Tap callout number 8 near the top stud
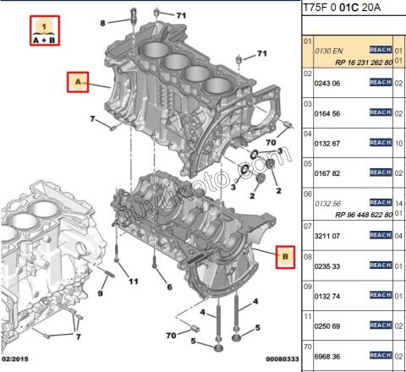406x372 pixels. pyautogui.click(x=102, y=23)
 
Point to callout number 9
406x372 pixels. pyautogui.click(x=99, y=293)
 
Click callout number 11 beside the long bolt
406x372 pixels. pyautogui.click(x=133, y=281)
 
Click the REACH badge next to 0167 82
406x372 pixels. pyautogui.click(x=381, y=173)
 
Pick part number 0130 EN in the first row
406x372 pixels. pyautogui.click(x=328, y=52)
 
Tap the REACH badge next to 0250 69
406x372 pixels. pyautogui.click(x=381, y=325)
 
